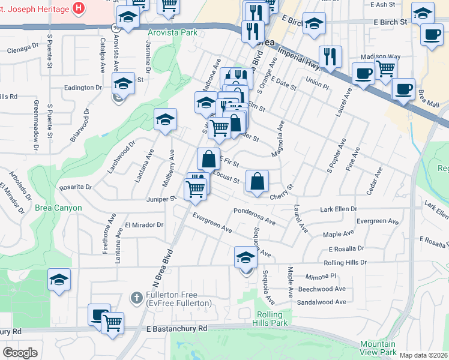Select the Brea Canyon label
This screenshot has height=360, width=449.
point(58,208)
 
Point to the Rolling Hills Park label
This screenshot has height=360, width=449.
point(273,319)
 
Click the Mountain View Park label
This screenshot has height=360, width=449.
point(378,348)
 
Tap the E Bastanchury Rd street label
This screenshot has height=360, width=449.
point(176,329)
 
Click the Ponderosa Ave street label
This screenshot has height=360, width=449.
point(255,217)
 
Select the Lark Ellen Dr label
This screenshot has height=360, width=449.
point(339,209)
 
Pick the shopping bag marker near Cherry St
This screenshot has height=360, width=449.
point(256,181)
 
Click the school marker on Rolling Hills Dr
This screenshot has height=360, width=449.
point(245,257)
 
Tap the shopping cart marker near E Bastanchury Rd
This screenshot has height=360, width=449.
point(112,323)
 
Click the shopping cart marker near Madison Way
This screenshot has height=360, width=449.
point(385,68)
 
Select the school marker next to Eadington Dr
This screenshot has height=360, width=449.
point(123,83)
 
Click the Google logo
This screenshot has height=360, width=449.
point(20,353)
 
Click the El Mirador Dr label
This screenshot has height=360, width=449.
point(144,225)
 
